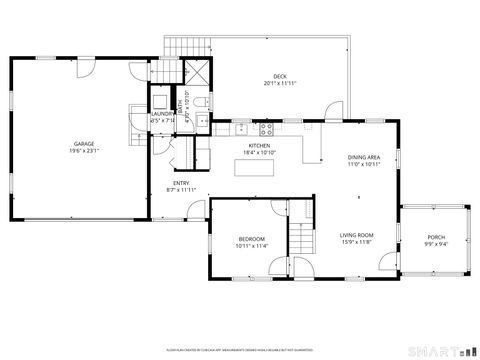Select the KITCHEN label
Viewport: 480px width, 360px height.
pos(259,146)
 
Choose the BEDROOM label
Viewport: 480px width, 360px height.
pos(251,238)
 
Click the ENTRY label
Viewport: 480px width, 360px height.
pos(181,183)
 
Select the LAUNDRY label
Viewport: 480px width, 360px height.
pos(162,115)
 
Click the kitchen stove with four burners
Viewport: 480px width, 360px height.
pos(268,127)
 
